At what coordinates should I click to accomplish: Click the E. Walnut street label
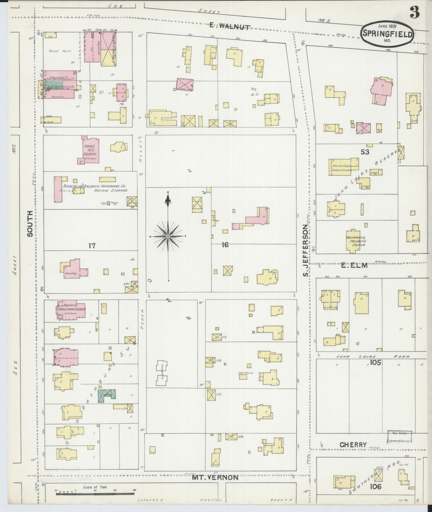click(x=229, y=26)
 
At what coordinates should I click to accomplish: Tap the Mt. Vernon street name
click(x=215, y=477)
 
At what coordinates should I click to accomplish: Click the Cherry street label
click(x=353, y=445)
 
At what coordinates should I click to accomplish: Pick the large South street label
click(x=30, y=223)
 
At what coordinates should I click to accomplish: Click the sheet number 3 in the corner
click(x=414, y=12)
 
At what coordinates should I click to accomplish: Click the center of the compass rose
click(x=168, y=236)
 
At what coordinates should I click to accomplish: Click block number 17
click(x=92, y=246)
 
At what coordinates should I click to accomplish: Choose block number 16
click(x=225, y=245)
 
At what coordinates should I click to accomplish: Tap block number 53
click(x=365, y=152)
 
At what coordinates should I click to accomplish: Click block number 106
click(x=375, y=487)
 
